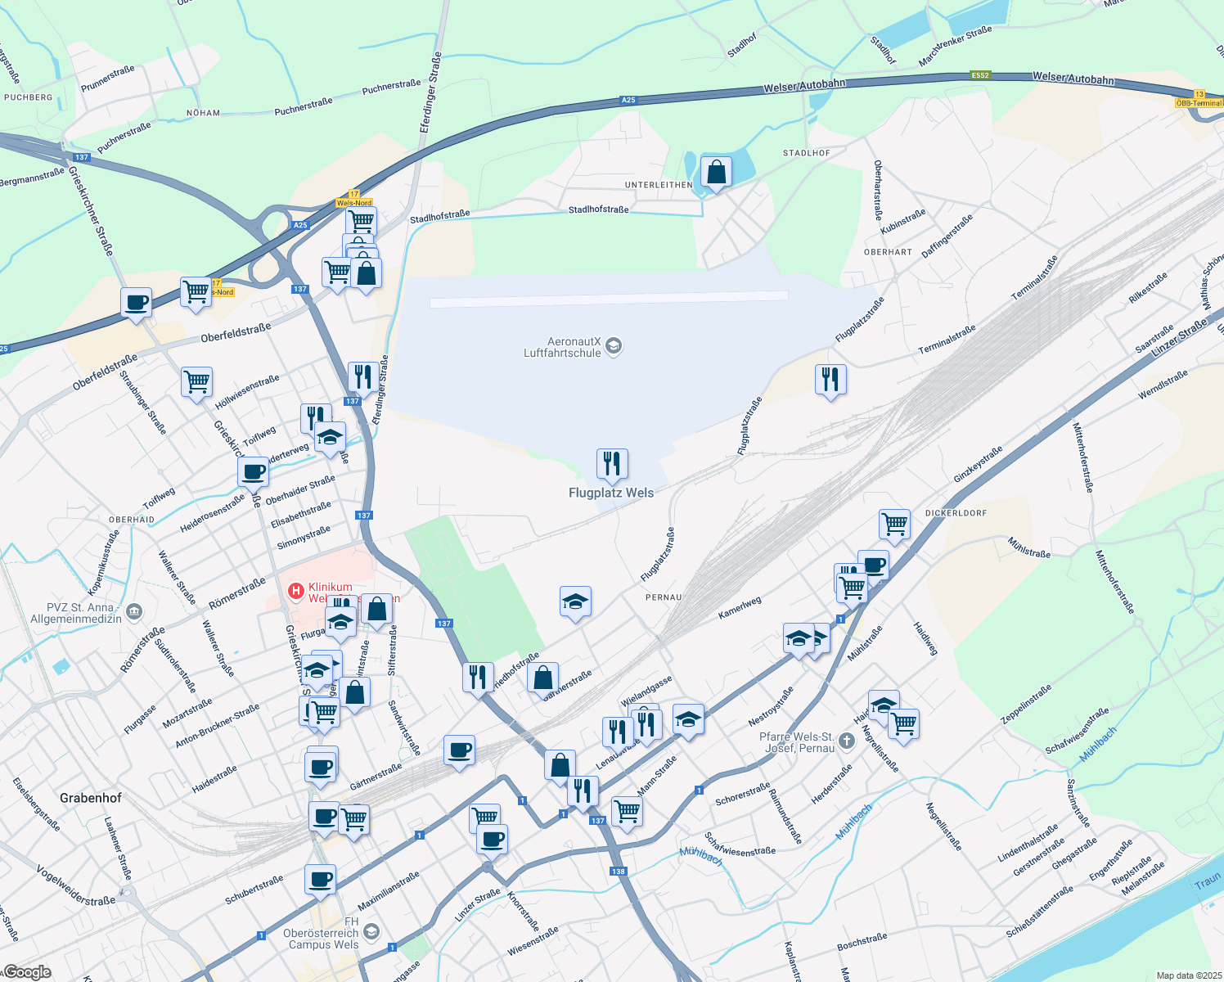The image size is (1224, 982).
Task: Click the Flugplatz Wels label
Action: point(611,493)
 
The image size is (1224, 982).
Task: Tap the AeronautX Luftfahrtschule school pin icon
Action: point(614,347)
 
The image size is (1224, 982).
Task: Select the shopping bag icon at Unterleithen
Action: point(716,173)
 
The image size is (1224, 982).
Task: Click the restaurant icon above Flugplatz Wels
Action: point(612,464)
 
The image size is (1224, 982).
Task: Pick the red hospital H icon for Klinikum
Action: point(295,589)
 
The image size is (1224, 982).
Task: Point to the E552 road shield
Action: point(980,75)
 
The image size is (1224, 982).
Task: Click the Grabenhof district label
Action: point(91,798)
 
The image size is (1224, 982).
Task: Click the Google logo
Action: point(27,972)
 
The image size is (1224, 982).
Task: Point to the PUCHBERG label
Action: point(29,97)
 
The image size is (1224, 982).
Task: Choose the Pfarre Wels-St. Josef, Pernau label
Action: point(797,742)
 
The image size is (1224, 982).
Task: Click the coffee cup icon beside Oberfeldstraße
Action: point(137,303)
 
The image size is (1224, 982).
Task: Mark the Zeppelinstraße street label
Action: point(1026,705)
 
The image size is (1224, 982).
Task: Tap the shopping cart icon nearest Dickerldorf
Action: point(895,525)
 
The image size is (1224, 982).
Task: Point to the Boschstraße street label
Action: point(862,942)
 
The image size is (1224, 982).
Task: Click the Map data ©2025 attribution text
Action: point(1188,975)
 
